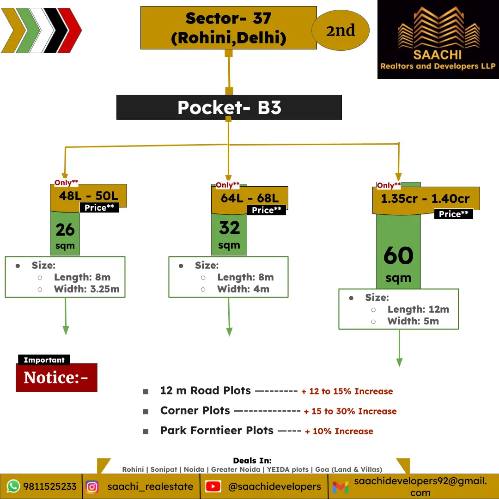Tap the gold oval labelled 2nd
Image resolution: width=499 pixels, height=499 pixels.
[x=340, y=30]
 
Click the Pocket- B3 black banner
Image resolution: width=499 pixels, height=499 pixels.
[x=229, y=107]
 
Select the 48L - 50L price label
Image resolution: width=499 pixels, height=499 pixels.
[x=88, y=196]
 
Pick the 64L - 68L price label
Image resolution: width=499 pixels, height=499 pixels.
[x=249, y=198]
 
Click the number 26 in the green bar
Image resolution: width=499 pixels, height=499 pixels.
[x=65, y=230]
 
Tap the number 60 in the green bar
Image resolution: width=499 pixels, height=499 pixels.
[x=398, y=255]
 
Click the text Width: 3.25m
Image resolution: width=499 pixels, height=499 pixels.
[x=86, y=289]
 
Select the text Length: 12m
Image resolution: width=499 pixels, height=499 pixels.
[x=418, y=309]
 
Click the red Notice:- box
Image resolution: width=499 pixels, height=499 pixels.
[x=57, y=377]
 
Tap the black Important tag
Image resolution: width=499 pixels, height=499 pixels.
[x=44, y=360]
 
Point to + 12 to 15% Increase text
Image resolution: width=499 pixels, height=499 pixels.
[x=347, y=391]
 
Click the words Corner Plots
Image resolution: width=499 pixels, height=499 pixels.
[x=195, y=411]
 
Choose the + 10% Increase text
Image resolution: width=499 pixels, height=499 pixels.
[x=339, y=431]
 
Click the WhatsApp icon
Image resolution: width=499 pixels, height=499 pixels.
[x=13, y=486]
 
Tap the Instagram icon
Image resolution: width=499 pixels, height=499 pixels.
[x=92, y=487]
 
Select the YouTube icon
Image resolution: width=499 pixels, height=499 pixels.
[x=213, y=486]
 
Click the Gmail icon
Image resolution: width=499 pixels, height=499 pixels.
[x=340, y=487]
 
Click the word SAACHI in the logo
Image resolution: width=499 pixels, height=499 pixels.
[x=437, y=55]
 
